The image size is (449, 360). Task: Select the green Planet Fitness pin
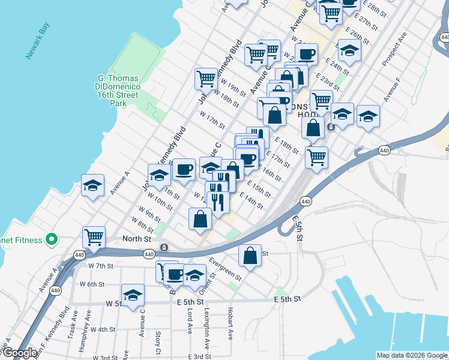pos(52,240)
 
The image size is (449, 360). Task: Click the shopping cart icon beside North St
pos(94,238)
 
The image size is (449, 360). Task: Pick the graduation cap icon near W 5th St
pos(133,294)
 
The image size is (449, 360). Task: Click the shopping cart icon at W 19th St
pos(206,78)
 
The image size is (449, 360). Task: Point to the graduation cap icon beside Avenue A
pos(93,185)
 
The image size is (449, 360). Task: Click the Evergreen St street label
pos(224,269)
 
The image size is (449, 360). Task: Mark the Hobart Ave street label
pos(231,325)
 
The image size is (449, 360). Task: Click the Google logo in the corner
pos(19,353)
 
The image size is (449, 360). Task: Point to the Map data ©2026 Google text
pos(411,355)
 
